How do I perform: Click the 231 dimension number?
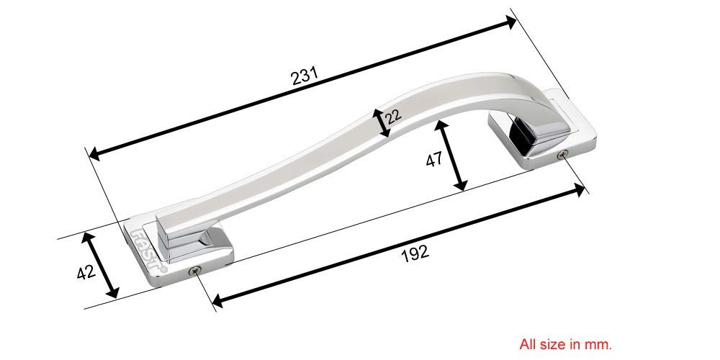[x=305, y=76]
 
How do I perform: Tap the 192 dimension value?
[x=415, y=253]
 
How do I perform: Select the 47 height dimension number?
[x=434, y=159]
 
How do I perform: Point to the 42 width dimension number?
[x=86, y=272]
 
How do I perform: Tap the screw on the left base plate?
[x=194, y=271]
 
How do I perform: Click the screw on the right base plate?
[x=562, y=155]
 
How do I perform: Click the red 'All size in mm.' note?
[x=565, y=344]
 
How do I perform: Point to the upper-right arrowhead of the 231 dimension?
[x=510, y=22]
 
